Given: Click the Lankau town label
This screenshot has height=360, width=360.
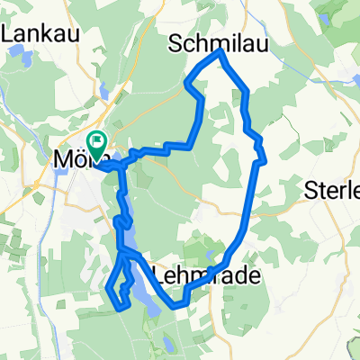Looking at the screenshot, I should click(42, 32).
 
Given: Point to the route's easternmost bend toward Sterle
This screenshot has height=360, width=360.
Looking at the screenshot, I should click(263, 161).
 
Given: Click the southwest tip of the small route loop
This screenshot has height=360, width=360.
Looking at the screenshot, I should click(109, 290).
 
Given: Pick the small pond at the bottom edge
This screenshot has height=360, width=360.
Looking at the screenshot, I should click(167, 346).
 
